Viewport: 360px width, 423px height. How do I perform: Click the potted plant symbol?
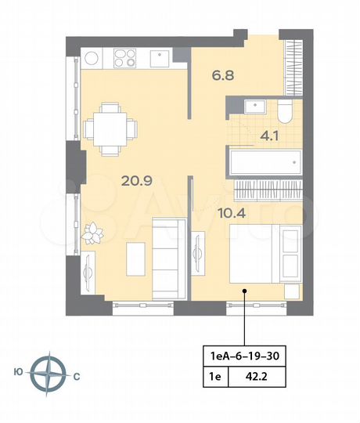[94, 232]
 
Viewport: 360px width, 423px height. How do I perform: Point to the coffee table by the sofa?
[135, 255]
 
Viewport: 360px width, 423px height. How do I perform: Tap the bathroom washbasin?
[255, 107]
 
